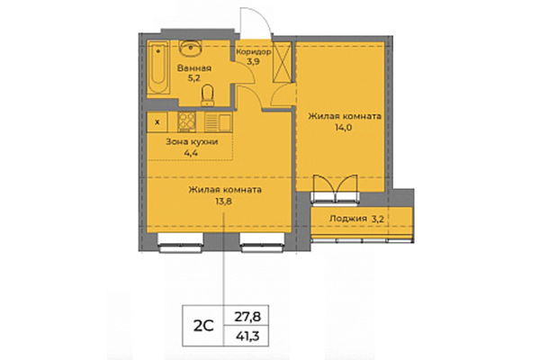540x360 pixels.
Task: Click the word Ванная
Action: coord(194,68)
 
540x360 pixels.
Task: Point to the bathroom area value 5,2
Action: coord(194,79)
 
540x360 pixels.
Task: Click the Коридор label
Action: coord(254,52)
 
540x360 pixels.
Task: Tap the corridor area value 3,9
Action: coord(254,63)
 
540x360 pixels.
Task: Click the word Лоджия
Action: coord(347,218)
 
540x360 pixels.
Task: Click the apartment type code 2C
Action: coord(202,325)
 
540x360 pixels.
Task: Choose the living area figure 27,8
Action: coord(246,316)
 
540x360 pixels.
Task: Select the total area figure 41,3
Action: coord(246,335)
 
